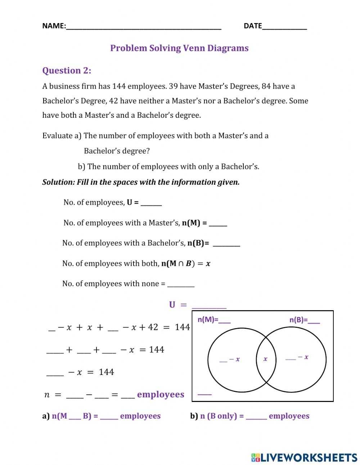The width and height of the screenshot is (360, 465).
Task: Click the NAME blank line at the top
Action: tap(144, 27)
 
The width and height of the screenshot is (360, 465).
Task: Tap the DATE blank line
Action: tap(284, 27)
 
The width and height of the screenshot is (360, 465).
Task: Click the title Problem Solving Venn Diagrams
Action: tap(179, 48)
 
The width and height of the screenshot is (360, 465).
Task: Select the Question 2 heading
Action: tap(67, 71)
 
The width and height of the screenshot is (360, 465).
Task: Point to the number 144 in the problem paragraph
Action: tap(119, 86)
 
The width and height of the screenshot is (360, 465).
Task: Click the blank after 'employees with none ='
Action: tap(181, 285)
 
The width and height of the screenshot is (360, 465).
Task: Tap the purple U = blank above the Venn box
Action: tap(209, 307)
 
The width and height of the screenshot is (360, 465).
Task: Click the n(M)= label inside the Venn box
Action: tap(214, 320)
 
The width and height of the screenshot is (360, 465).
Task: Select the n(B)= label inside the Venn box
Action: tap(305, 320)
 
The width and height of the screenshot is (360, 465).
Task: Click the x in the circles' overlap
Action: tap(266, 359)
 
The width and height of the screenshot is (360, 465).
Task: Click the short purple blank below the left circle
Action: tap(205, 394)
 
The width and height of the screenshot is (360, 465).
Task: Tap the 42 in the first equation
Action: tap(153, 327)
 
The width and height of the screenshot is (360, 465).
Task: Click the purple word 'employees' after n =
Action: tap(161, 395)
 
